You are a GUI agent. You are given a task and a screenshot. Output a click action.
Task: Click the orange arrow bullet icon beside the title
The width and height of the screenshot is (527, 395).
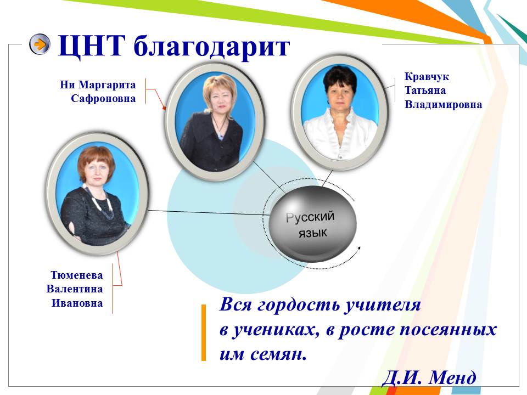pyautogui.click(x=40, y=44)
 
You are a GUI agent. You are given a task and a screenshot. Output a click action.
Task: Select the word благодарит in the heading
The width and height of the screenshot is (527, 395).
pyautogui.click(x=211, y=47)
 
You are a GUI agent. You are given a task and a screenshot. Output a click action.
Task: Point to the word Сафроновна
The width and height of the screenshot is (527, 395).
pyautogui.click(x=103, y=99)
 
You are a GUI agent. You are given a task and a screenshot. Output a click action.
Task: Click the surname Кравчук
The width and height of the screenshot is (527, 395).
pyautogui.click(x=427, y=77)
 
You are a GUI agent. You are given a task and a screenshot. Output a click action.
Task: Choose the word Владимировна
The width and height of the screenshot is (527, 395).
pyautogui.click(x=444, y=104)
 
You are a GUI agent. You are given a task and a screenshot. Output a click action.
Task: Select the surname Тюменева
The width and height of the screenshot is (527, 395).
pyautogui.click(x=77, y=275)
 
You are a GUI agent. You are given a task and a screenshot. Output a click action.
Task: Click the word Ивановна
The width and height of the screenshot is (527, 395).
pyautogui.click(x=77, y=303)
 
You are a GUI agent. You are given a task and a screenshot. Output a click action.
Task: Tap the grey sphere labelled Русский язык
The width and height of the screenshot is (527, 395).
pyautogui.click(x=312, y=224)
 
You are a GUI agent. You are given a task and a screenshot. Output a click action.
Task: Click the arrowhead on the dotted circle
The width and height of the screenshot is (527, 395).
pyautogui.click(x=358, y=249)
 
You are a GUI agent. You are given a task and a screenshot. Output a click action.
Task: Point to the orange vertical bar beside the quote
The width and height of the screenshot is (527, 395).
pyautogui.click(x=203, y=332)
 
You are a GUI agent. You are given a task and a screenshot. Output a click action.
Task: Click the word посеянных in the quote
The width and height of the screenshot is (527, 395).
pyautogui.click(x=448, y=330)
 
